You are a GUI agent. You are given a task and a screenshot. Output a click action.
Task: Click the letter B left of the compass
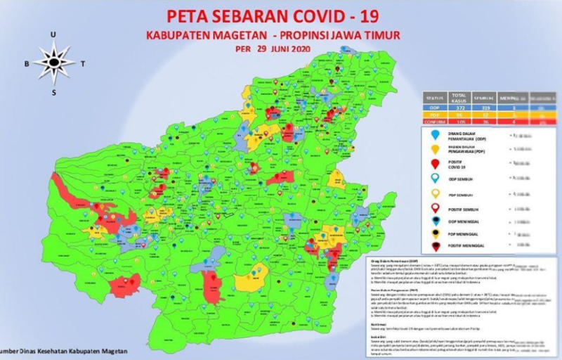click(27, 63)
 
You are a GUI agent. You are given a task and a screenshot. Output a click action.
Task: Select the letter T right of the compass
click(82, 63)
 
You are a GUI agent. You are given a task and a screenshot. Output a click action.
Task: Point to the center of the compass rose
click(54, 63)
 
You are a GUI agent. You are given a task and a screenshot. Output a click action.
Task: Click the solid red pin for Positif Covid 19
click(435, 164)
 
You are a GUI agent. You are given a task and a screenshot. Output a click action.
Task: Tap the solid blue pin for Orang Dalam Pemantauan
click(435, 134)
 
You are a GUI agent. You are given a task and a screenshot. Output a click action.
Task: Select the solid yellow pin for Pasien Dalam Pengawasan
click(435, 148)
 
